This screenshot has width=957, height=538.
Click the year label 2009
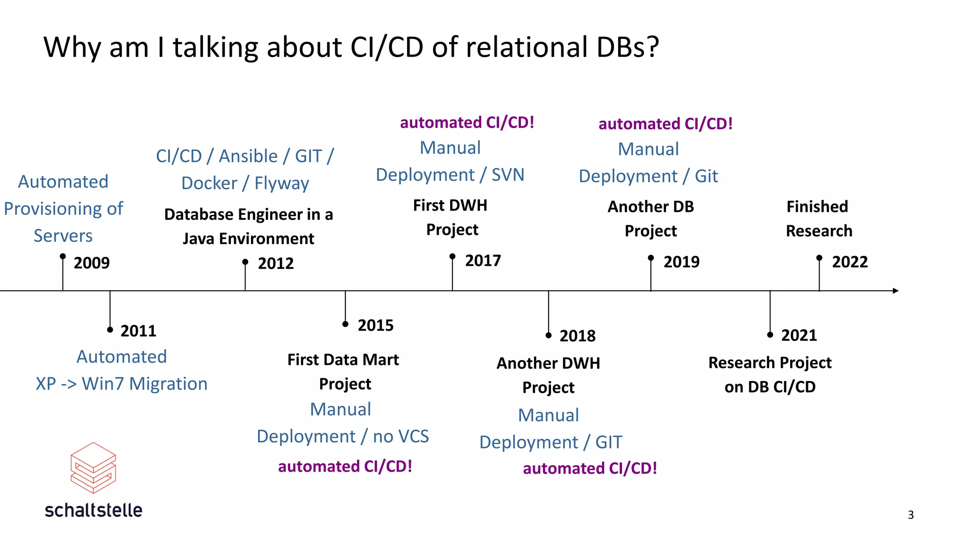coord(92,263)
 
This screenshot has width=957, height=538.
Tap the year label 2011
coord(138,331)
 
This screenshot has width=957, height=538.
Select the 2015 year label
coord(376,326)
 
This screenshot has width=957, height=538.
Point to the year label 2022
coord(850,262)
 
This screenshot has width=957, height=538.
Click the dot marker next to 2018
coord(549,335)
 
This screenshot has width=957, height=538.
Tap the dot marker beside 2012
coord(245,262)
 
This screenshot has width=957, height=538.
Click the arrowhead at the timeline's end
coord(895,291)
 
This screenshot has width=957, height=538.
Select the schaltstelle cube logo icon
coord(93,468)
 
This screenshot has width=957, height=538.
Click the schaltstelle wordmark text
coord(93,510)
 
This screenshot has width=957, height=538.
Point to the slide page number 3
coord(911,515)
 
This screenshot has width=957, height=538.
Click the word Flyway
coord(282,184)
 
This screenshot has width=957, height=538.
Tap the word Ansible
coord(248,156)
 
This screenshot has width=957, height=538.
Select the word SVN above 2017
coord(508,175)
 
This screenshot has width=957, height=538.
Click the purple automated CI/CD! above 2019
coord(665,124)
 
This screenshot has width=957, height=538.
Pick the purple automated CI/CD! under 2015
coord(345,467)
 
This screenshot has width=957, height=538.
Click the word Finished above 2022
coord(817,206)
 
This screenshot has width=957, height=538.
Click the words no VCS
coord(401,437)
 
